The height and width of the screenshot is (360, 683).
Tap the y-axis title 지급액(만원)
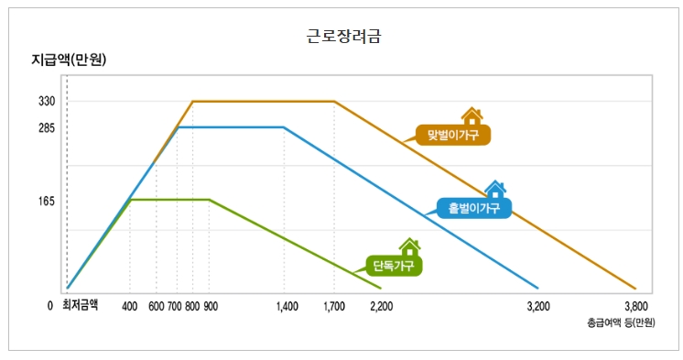point(69,61)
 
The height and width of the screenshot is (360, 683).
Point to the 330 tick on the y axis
point(47,102)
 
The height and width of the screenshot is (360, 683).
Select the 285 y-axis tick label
point(47,127)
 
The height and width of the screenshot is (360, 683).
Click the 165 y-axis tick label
point(47,200)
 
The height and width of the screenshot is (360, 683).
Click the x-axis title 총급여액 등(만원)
point(622,322)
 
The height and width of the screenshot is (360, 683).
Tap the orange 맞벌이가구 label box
point(453,136)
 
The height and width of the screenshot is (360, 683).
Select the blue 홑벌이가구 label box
point(473,208)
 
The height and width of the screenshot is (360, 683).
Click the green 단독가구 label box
point(393,267)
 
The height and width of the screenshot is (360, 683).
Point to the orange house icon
point(472,115)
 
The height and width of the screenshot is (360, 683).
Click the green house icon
point(410,246)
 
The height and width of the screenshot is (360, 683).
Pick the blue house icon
point(494,189)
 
